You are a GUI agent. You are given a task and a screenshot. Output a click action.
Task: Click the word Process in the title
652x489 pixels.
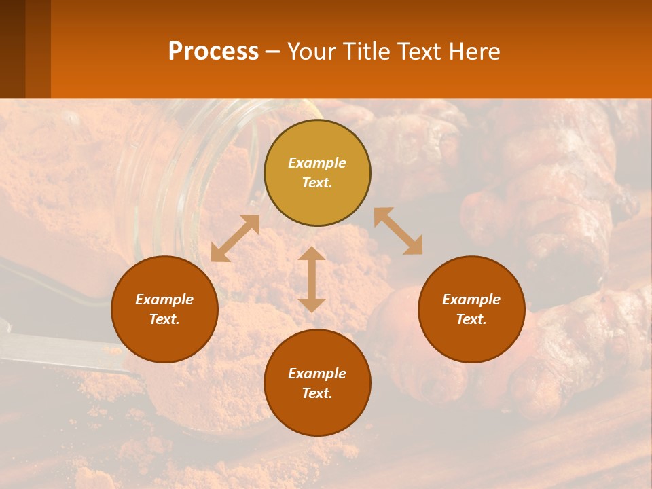click(x=213, y=52)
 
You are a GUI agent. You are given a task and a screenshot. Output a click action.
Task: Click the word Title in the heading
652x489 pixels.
click(x=365, y=52)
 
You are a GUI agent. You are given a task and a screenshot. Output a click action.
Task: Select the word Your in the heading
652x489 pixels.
click(x=312, y=52)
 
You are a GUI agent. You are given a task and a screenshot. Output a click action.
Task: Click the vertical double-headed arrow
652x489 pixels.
click(x=312, y=279)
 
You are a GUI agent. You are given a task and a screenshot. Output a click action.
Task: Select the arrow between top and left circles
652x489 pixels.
click(x=235, y=238)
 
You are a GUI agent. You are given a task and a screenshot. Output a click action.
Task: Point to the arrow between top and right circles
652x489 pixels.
click(x=398, y=231)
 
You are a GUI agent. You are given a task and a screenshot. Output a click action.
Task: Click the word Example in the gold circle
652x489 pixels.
click(x=317, y=163)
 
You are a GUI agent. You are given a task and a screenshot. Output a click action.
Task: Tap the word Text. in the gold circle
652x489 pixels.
click(x=317, y=183)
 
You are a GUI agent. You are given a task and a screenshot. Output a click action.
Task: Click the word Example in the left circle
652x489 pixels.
click(x=164, y=300)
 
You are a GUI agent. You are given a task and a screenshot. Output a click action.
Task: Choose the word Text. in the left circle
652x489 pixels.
click(x=164, y=319)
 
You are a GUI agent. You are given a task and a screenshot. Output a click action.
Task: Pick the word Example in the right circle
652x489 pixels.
click(x=471, y=300)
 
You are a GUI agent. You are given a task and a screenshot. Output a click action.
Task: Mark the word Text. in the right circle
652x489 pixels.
click(x=471, y=319)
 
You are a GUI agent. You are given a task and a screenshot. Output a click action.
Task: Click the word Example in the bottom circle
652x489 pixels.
click(x=317, y=374)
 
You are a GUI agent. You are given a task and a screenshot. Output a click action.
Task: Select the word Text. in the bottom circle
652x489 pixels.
click(x=317, y=393)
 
